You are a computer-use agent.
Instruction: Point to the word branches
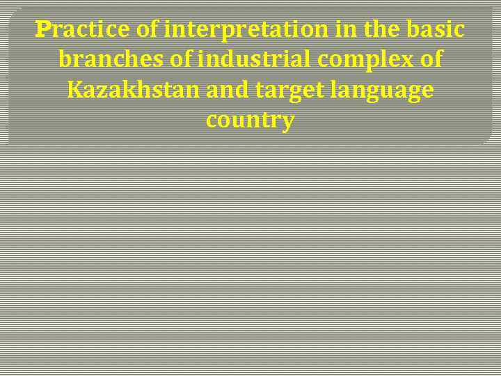(112, 60)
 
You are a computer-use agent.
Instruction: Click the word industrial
(255, 60)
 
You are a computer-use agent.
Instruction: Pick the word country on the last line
(250, 121)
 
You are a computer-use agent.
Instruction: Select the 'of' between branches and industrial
(182, 60)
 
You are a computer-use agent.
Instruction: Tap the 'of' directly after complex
(431, 60)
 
